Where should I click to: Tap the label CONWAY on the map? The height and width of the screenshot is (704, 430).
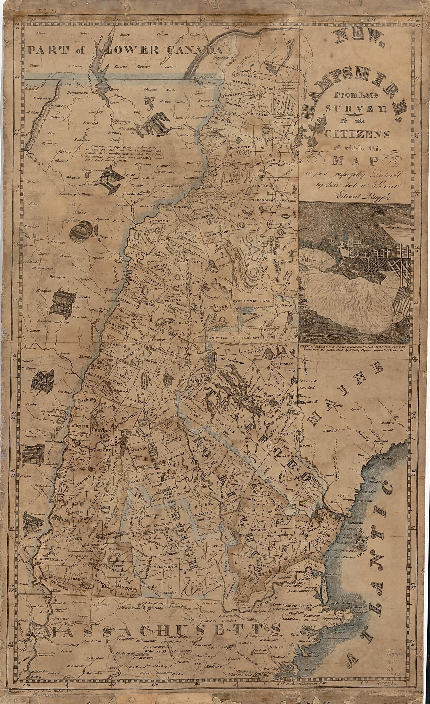284,305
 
